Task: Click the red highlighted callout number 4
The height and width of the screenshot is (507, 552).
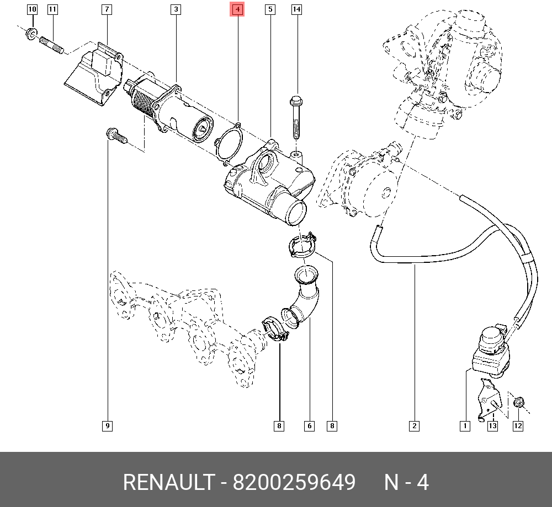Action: (237, 9)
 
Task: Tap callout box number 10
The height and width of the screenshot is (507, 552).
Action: (31, 9)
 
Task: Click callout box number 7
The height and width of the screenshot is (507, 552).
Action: (107, 9)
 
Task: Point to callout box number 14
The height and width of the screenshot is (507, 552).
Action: (296, 9)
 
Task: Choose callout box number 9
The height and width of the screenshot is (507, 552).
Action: (107, 425)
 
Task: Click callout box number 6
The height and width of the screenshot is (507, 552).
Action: (309, 425)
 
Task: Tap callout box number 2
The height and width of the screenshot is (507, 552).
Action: (414, 425)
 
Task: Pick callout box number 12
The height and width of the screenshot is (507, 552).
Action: (517, 425)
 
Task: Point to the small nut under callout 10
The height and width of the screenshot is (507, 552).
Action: (31, 34)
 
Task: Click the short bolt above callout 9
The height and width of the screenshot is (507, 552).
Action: (114, 135)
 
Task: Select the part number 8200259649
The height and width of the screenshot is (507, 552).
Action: (294, 483)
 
